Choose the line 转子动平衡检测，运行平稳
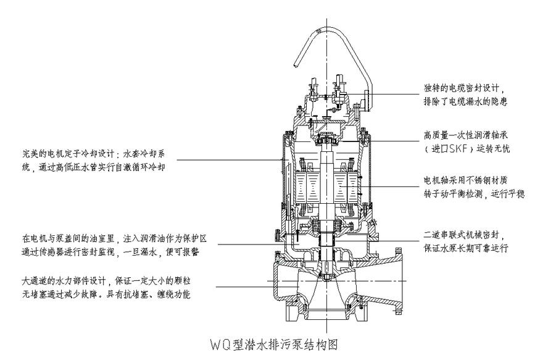tap(475, 194)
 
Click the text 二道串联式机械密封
tap(463, 235)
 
